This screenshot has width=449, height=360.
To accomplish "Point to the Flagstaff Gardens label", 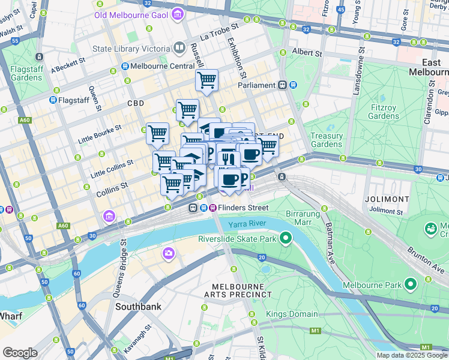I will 26,73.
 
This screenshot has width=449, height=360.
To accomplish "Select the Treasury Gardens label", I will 327,140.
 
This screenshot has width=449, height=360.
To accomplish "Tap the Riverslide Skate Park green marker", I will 286,239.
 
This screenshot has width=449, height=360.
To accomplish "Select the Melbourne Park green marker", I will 410,284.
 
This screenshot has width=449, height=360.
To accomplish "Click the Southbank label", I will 138,306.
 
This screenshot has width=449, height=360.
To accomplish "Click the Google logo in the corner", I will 20,352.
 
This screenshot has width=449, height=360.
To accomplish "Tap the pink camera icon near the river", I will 168,253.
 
